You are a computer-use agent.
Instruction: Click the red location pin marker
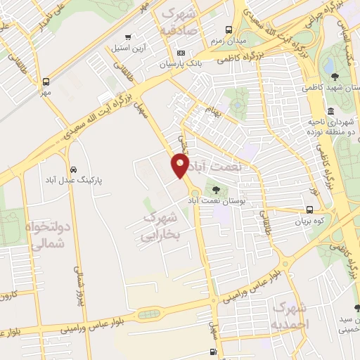180,165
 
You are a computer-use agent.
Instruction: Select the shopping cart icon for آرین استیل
127,37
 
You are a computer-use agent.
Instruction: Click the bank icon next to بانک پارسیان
181,53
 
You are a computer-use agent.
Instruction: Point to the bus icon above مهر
46,81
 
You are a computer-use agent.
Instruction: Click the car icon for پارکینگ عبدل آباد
74,169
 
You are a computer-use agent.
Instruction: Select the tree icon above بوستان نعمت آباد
215,189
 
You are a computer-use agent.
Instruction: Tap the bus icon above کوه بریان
309,210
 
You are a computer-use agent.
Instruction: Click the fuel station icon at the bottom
213,352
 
